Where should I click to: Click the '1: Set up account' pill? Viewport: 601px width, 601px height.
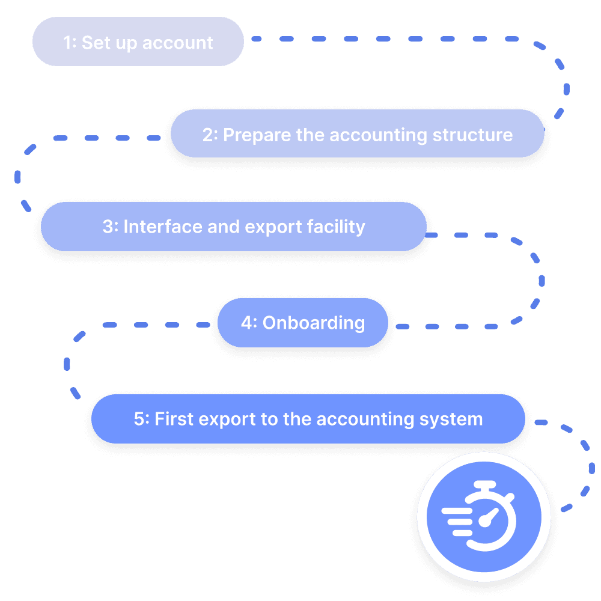(138, 42)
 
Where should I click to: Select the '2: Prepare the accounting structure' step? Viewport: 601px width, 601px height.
(357, 134)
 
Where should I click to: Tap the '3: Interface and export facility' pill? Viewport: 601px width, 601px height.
(233, 227)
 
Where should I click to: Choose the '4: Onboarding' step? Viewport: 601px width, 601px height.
(303, 323)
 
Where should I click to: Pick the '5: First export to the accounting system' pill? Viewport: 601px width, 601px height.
(308, 419)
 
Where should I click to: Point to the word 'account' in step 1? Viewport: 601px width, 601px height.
(185, 43)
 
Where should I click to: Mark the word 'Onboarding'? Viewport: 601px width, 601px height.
(314, 323)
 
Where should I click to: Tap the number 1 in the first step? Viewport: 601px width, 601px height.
(67, 43)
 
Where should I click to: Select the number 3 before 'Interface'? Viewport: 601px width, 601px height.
(108, 227)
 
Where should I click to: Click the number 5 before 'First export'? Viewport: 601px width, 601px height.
(139, 419)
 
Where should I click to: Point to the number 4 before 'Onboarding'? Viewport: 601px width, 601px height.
(246, 323)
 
